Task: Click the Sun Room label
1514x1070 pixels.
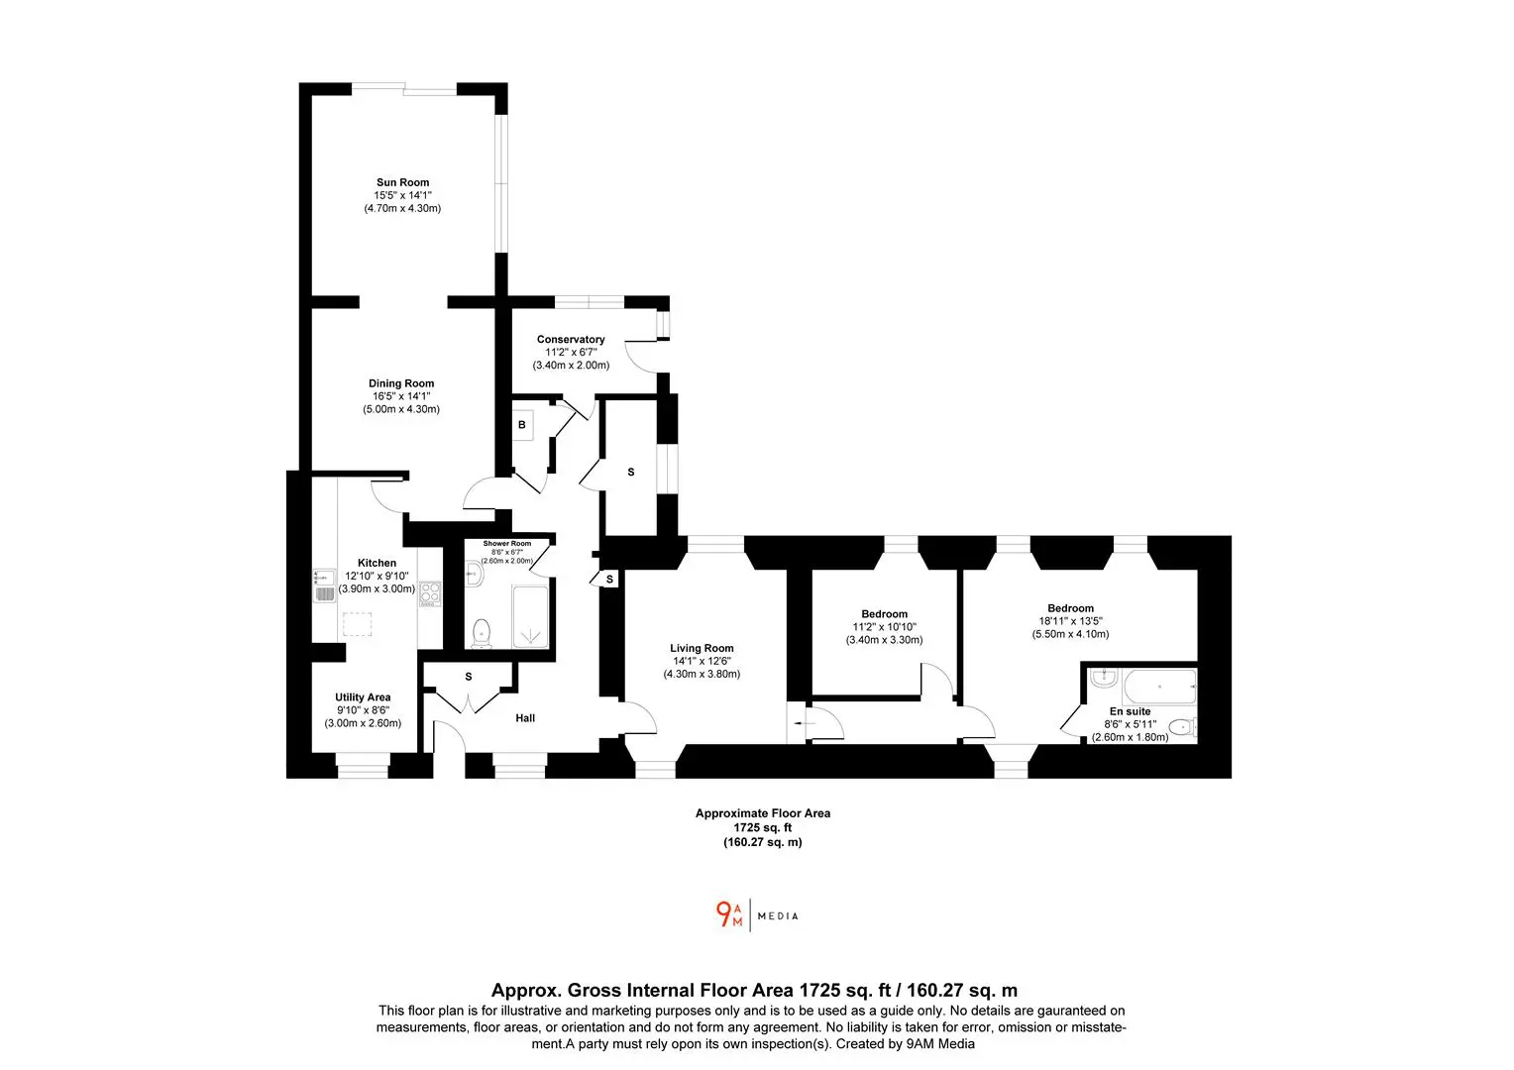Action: click(403, 182)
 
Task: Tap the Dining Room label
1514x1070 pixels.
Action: click(401, 383)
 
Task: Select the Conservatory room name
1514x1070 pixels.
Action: click(571, 339)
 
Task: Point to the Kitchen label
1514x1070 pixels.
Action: click(378, 563)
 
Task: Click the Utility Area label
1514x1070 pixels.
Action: click(363, 697)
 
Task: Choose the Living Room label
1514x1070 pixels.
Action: click(702, 648)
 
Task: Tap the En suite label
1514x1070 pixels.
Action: click(1131, 711)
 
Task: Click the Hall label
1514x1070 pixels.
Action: click(525, 718)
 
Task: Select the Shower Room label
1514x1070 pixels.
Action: click(507, 544)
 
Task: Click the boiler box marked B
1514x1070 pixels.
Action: click(522, 425)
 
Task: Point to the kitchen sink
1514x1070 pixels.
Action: click(324, 587)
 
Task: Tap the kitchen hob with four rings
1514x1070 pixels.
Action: click(430, 594)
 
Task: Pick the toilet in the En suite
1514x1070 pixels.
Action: click(1183, 727)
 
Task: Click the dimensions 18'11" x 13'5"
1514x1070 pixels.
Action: click(1071, 621)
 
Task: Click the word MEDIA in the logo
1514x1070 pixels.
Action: click(778, 915)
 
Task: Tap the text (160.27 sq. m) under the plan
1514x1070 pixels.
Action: click(762, 842)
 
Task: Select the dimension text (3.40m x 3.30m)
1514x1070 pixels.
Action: click(884, 639)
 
